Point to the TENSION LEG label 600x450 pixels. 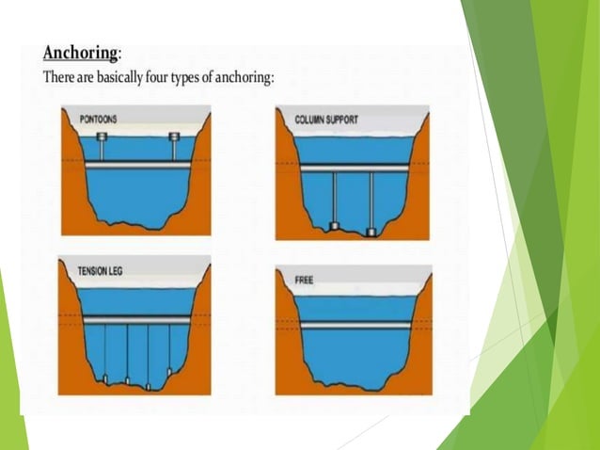(102, 271)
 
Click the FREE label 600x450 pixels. (304, 281)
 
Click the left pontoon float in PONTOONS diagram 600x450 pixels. (102, 138)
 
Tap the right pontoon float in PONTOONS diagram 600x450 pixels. (173, 138)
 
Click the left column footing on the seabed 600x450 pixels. (334, 228)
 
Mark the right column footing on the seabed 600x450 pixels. (371, 231)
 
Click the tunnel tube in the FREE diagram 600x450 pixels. (353, 325)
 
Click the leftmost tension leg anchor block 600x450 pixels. (105, 378)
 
